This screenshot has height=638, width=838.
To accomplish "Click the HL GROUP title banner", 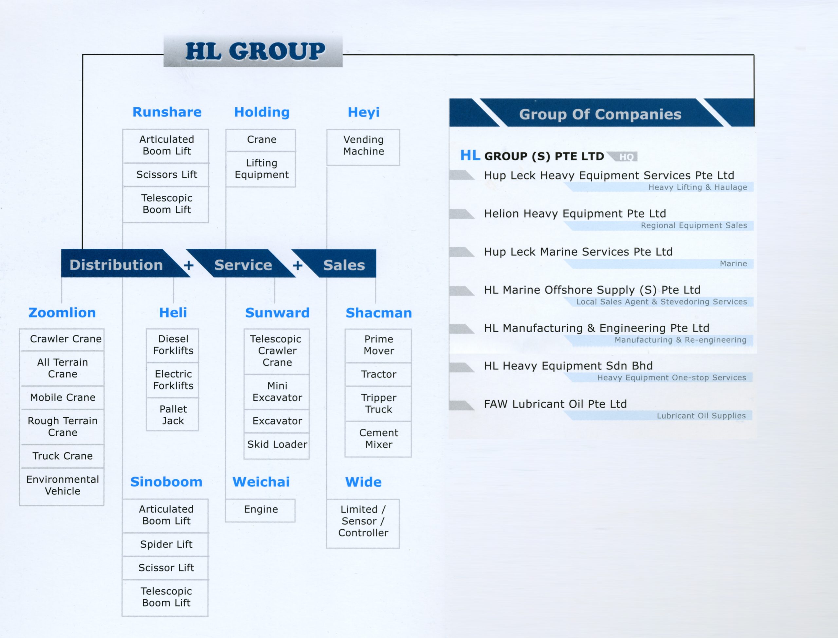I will tap(254, 51).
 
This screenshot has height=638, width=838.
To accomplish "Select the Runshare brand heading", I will tap(167, 112).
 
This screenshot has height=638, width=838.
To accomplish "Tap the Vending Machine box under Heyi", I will tap(363, 145).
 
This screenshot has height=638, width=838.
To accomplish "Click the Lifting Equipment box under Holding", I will tap(261, 169).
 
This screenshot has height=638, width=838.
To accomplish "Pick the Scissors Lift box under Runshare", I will tap(166, 175).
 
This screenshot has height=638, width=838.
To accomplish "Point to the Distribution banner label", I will tap(116, 265).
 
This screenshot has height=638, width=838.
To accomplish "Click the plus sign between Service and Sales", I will tap(298, 265).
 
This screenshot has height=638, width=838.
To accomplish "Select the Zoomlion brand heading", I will tap(62, 313).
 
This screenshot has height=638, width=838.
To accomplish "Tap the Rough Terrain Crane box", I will tap(63, 427).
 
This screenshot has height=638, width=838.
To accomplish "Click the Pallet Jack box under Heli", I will tap(173, 415).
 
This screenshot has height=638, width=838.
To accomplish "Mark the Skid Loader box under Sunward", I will tap(277, 444).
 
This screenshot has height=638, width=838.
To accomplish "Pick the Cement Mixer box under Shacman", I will tap(378, 438).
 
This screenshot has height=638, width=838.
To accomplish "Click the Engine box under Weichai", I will tap(261, 509).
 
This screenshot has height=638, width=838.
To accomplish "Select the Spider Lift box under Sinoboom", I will tap(166, 544).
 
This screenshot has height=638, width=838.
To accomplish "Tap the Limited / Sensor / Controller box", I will tap(363, 521).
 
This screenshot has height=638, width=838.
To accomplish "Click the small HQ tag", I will tap(626, 157).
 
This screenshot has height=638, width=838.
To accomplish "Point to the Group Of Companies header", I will tap(600, 114).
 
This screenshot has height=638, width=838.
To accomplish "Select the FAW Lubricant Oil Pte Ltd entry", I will tap(555, 404).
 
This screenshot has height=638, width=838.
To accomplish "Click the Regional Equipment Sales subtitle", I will tap(694, 226).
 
